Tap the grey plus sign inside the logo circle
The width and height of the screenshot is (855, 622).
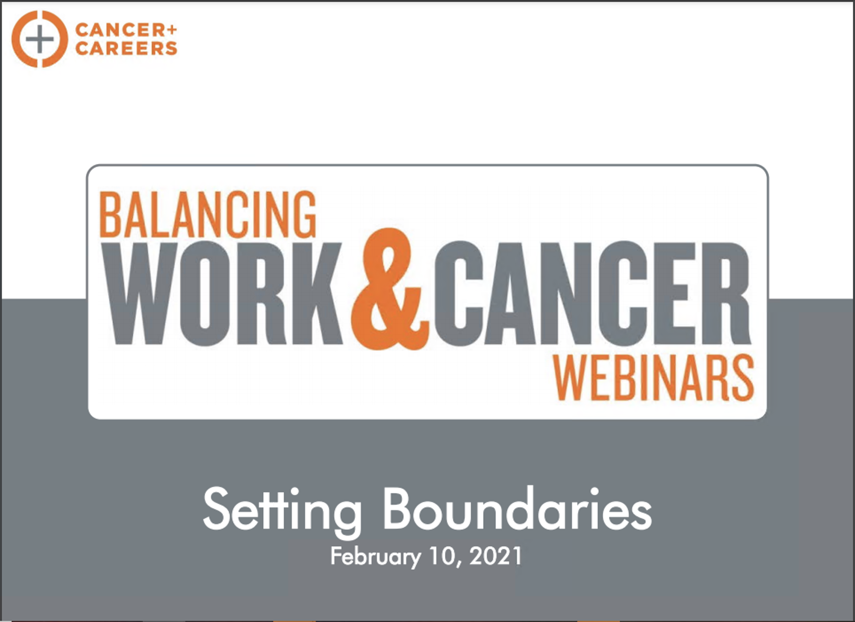coord(40,39)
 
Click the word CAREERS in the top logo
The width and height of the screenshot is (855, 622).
coord(126,48)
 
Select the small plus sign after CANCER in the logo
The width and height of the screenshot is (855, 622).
coord(172,30)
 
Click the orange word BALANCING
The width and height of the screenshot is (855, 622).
coord(208,215)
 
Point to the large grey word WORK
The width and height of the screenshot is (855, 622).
coord(223,294)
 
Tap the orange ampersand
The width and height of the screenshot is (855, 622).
coord(390,289)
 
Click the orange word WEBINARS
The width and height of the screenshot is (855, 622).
coord(653,378)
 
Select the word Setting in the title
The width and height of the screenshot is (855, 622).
coord(282,511)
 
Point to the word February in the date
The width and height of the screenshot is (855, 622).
coord(375,556)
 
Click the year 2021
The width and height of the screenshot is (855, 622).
coord(496,556)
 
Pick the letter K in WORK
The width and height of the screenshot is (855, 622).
coord(317,294)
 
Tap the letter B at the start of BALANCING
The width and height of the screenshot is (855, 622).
coord(110,215)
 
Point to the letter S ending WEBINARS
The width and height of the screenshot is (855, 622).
coord(743,378)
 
